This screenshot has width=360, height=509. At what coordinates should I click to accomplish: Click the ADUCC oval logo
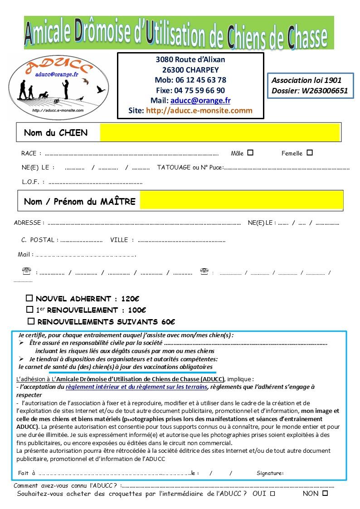pos(58,86)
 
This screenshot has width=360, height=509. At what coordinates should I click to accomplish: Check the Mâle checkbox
pos(250,153)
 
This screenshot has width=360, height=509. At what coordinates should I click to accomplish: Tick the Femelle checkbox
pos(310,153)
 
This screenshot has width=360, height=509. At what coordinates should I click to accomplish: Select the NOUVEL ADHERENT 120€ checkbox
pos(29,299)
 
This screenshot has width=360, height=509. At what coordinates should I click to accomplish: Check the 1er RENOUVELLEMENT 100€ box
pos(29,310)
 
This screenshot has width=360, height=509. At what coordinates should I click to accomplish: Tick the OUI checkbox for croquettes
pos(272,494)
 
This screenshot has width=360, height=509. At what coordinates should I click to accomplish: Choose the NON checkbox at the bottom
pos(325,493)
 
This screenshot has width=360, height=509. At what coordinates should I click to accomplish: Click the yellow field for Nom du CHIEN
pos(219,132)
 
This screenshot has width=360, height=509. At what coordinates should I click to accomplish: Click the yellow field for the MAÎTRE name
pos(241,200)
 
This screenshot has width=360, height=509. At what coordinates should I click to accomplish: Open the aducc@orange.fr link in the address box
pos(200,100)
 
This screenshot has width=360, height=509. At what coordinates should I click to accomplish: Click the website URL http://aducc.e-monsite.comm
pos(199,110)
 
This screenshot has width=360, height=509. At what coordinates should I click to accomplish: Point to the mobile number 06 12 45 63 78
pos(200,80)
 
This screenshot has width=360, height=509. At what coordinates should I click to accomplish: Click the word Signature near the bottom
pos(270,473)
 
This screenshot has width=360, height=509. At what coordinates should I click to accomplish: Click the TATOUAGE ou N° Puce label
pos(190,168)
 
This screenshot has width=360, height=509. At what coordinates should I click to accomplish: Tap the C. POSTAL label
pos(39,240)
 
